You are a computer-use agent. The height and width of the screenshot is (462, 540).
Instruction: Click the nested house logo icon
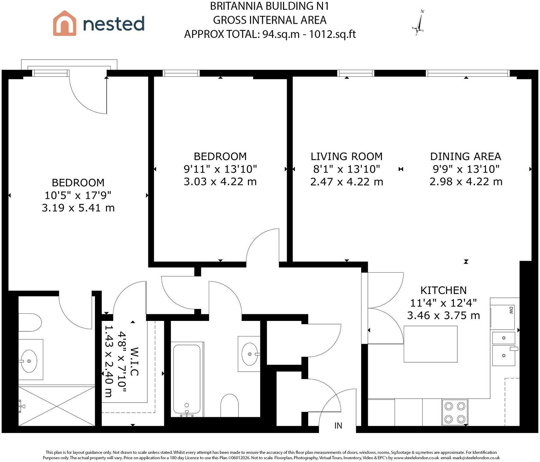pyautogui.click(x=65, y=23)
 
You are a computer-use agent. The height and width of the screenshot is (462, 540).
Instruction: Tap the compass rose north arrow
pyautogui.click(x=420, y=22)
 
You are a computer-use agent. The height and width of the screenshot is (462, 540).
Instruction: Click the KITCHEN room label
pyautogui.click(x=443, y=290)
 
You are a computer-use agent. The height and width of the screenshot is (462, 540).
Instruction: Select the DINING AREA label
pyautogui.click(x=466, y=157)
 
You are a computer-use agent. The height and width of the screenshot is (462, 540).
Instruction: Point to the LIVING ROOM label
pyautogui.click(x=347, y=157)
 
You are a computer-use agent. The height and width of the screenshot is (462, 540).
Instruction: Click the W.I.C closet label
pyautogui.click(x=134, y=362)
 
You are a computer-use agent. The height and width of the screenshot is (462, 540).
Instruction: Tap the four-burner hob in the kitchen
pyautogui.click(x=455, y=412)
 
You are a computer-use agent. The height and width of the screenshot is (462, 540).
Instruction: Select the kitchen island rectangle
pyautogui.click(x=431, y=344)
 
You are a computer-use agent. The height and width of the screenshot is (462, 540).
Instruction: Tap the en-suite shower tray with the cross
pyautogui.click(x=57, y=405)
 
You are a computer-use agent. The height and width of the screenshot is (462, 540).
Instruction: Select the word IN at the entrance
pyautogui.click(x=338, y=426)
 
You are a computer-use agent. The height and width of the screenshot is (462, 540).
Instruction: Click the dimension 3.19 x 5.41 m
pyautogui.click(x=78, y=208)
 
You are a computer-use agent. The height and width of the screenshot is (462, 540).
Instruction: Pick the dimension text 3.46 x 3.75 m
pyautogui.click(x=443, y=315)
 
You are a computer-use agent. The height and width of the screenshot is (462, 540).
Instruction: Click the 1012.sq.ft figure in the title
pyautogui.click(x=332, y=34)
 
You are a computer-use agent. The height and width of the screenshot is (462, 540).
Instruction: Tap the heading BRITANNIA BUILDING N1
pyautogui.click(x=270, y=6)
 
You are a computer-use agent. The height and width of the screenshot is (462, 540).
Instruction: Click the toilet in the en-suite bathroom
pyautogui.click(x=30, y=323)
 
